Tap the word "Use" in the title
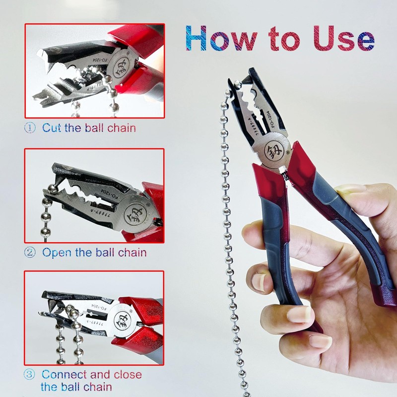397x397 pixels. [x=342, y=38]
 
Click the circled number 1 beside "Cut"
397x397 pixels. [x=30, y=128]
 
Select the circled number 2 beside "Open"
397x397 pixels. [x=30, y=252]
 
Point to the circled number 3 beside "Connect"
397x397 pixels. [x=30, y=375]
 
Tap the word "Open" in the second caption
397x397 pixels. [x=57, y=252]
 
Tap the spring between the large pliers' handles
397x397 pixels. [x=284, y=174]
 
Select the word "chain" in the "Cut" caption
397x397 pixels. [x=121, y=128]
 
